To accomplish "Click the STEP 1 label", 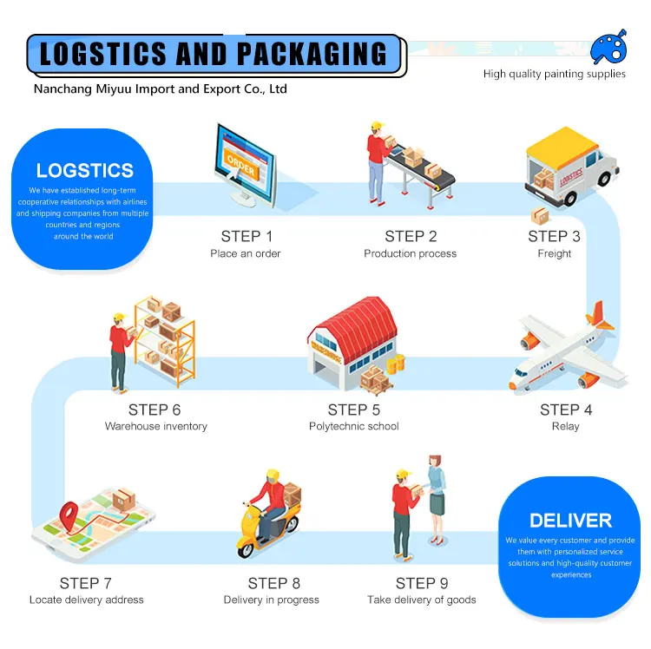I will point(247,236).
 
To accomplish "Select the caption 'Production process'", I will point(410,253).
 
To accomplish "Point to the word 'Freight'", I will point(554,253).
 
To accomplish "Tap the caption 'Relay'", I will point(565,426).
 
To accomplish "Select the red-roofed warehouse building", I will point(352,343).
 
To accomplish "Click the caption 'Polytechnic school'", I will point(353,426).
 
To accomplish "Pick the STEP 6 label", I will point(155,410).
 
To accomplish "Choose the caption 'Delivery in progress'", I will point(271,600).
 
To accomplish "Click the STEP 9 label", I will point(422,583).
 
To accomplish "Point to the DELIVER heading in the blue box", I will point(570,521).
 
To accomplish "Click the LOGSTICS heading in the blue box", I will point(85,171).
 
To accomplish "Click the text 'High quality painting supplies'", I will point(554,74).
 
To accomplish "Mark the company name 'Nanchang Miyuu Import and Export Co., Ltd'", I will point(160,88).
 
